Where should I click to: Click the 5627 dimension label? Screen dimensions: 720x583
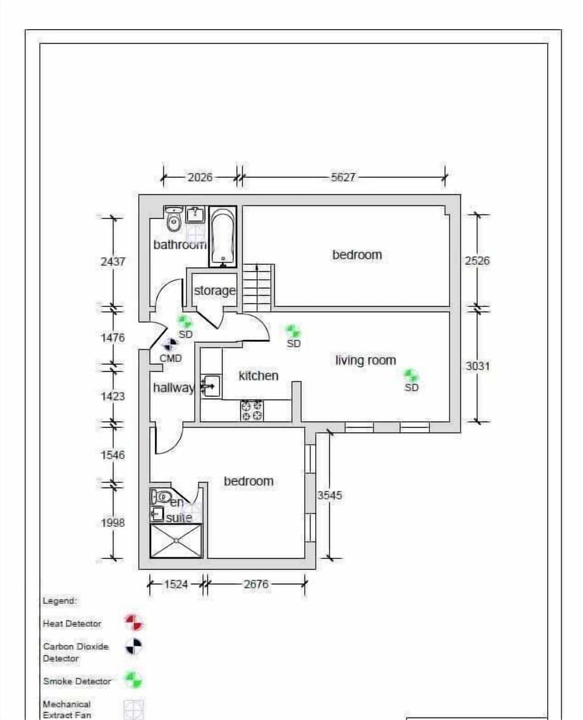(x=343, y=177)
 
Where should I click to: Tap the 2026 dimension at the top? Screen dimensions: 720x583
(x=200, y=177)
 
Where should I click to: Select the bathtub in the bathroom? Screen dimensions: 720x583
(x=223, y=237)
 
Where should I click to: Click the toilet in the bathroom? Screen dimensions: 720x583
(x=174, y=219)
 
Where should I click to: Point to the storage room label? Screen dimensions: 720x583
(x=214, y=291)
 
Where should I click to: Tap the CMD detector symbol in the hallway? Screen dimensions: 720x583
(x=169, y=345)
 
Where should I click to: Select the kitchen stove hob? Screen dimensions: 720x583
(x=252, y=410)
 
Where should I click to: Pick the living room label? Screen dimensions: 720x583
(x=366, y=361)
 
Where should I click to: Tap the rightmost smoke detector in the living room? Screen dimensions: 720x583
(x=411, y=375)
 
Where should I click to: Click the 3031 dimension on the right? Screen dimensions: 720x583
(x=477, y=366)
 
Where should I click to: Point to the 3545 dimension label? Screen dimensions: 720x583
(x=330, y=495)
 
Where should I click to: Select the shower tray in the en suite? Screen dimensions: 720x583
(x=176, y=540)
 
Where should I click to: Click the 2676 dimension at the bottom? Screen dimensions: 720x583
(x=256, y=584)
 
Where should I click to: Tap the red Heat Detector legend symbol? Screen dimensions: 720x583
(x=134, y=623)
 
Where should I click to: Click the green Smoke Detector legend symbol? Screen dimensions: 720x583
(x=134, y=680)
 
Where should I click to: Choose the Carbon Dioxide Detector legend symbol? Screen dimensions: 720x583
(x=134, y=647)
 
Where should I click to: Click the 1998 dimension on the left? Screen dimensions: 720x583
(x=113, y=523)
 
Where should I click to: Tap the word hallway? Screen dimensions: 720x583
(x=173, y=388)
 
